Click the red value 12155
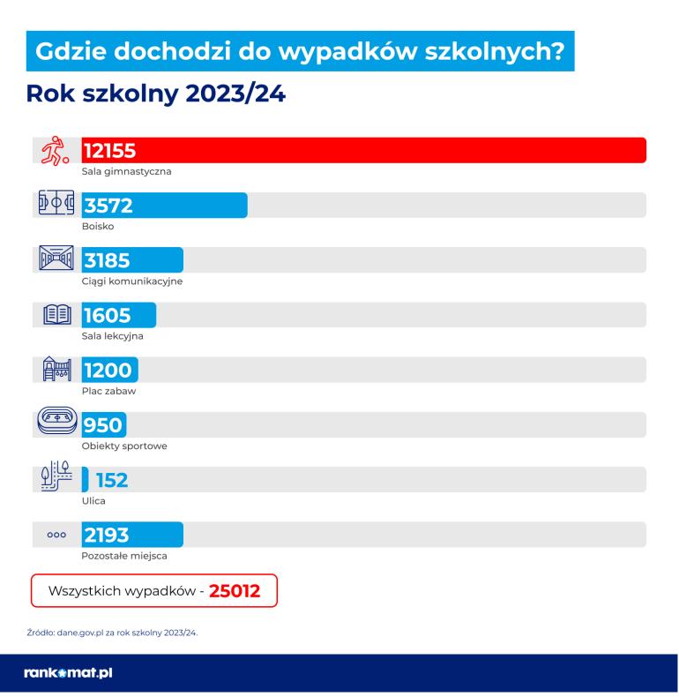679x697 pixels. click(109, 151)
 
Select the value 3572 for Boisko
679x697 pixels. click(108, 206)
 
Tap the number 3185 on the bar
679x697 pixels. click(108, 260)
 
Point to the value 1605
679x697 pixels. click(107, 315)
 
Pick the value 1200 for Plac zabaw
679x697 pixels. click(107, 370)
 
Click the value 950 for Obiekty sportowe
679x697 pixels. click(102, 424)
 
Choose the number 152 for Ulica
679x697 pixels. click(112, 480)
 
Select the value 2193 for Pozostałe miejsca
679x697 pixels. click(107, 535)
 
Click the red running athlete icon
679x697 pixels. click(55, 151)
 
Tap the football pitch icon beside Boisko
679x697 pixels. click(55, 204)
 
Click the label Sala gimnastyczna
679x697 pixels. click(126, 171)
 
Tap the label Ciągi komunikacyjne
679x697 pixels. click(131, 281)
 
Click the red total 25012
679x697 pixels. click(235, 591)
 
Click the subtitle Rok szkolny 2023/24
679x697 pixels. click(156, 94)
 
